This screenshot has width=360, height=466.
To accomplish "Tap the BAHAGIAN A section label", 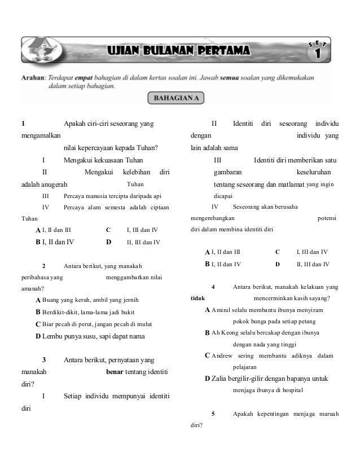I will click(175, 98).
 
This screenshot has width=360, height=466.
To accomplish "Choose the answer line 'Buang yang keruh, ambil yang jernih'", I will click(90, 300).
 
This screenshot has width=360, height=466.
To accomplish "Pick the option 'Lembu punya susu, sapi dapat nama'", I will click(94, 336).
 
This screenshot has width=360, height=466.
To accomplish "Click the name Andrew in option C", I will click(222, 355).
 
